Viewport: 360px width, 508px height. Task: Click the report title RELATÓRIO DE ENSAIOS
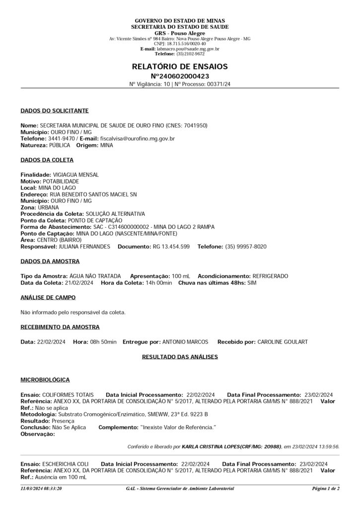coord(180,66)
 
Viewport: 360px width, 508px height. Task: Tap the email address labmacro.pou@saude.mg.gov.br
coord(188,49)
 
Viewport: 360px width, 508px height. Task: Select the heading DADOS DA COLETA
coord(47,160)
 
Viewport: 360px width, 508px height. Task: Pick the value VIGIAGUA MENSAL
coord(75,175)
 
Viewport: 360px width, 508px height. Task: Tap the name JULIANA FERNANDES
coord(84,246)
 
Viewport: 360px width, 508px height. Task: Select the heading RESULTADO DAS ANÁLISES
coord(180,357)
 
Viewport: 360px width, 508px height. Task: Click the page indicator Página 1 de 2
coord(325,489)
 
